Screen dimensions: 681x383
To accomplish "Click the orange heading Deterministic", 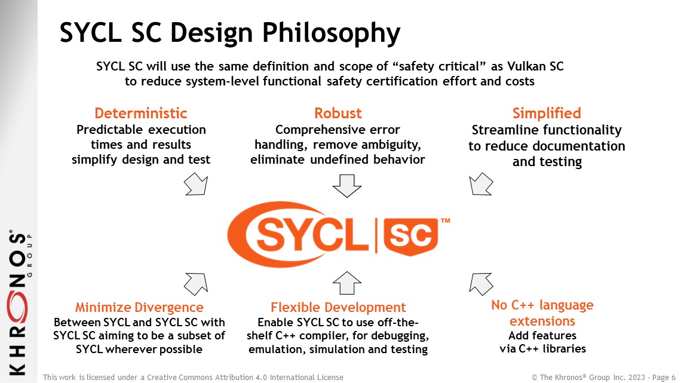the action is [141, 114].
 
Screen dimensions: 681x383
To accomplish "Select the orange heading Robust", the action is [338, 114].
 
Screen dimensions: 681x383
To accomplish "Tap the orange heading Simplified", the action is [547, 114].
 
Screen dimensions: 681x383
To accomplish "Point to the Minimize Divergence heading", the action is [139, 308].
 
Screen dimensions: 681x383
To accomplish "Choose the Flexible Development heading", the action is [338, 308].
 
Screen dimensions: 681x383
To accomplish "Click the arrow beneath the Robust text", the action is [347, 186].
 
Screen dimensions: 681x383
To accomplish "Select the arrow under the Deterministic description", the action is [197, 184].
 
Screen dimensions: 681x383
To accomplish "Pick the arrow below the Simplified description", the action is [481, 184].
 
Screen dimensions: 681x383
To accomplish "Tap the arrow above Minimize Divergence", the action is [197, 284].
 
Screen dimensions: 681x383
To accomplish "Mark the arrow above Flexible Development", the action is [347, 283].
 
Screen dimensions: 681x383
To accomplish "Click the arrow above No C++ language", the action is [481, 284].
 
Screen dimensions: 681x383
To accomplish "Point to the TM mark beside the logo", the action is [446, 221].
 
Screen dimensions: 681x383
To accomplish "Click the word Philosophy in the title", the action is [332, 33].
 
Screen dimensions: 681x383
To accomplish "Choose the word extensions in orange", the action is [542, 321].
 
